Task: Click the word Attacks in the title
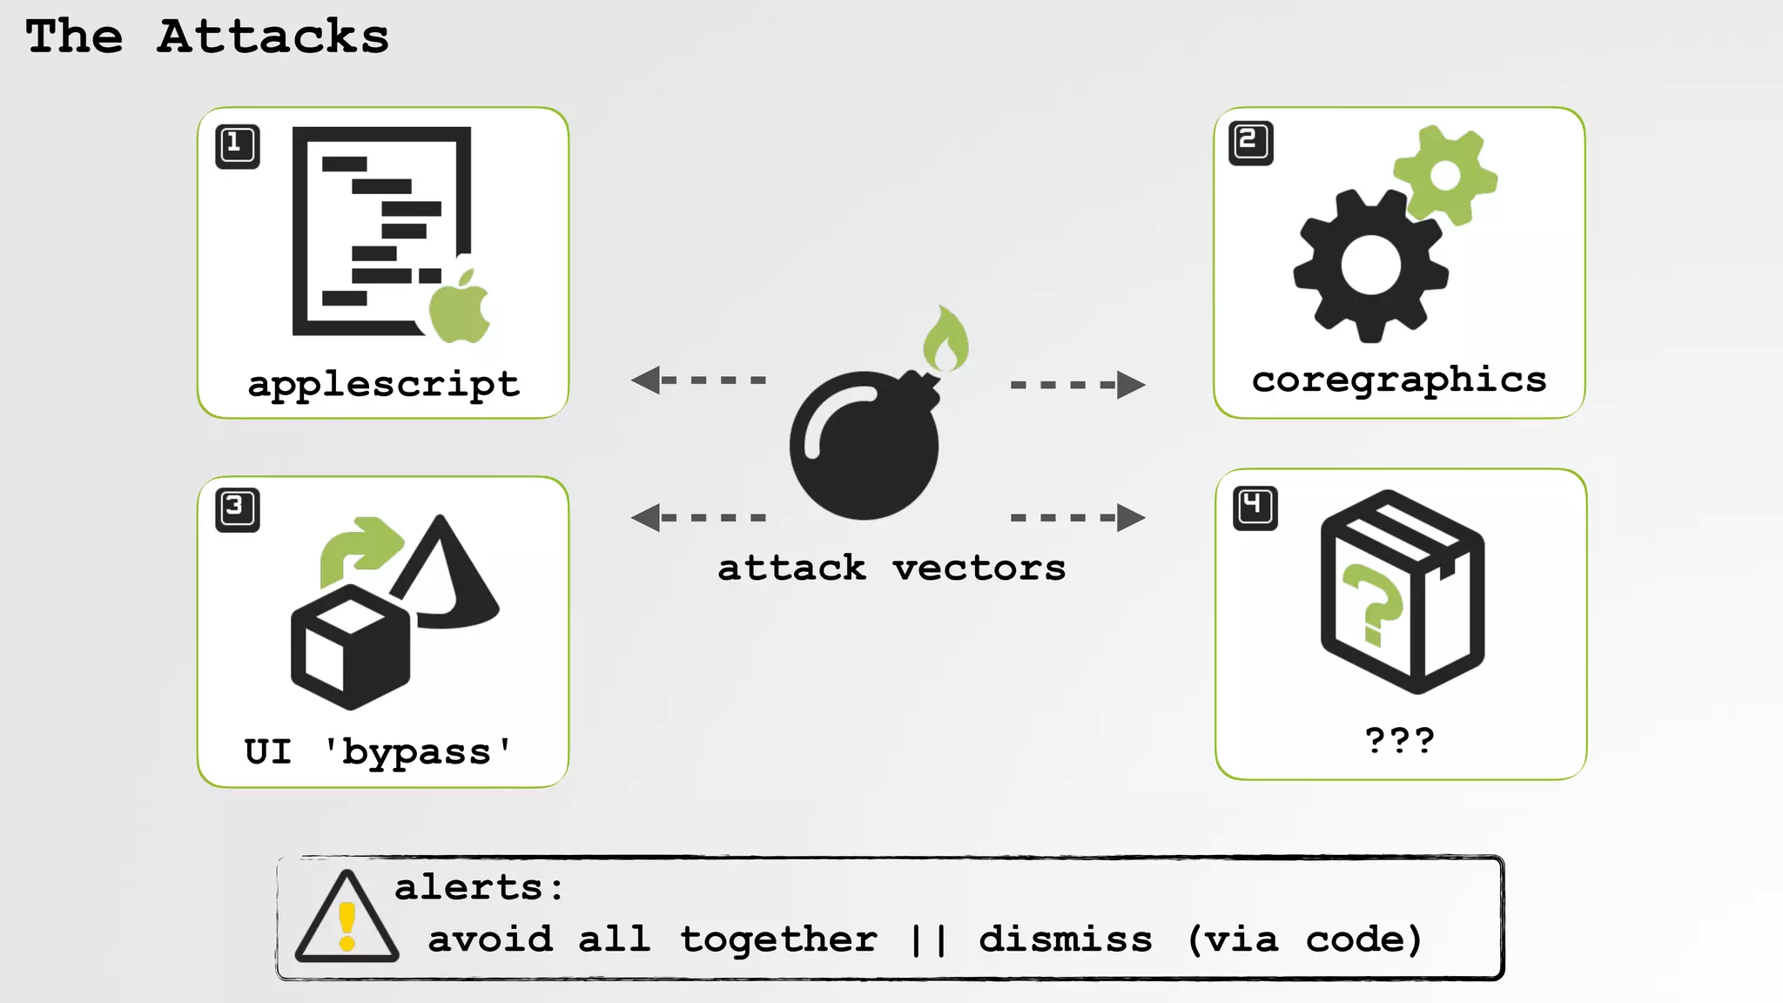272,37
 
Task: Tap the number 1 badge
238,145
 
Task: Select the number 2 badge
1251,143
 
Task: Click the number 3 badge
238,508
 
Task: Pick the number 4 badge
1255,508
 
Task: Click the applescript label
383,384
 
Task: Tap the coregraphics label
1399,380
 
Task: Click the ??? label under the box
1399,741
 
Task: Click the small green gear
1445,175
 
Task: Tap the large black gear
1370,266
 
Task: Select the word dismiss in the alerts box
1066,939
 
